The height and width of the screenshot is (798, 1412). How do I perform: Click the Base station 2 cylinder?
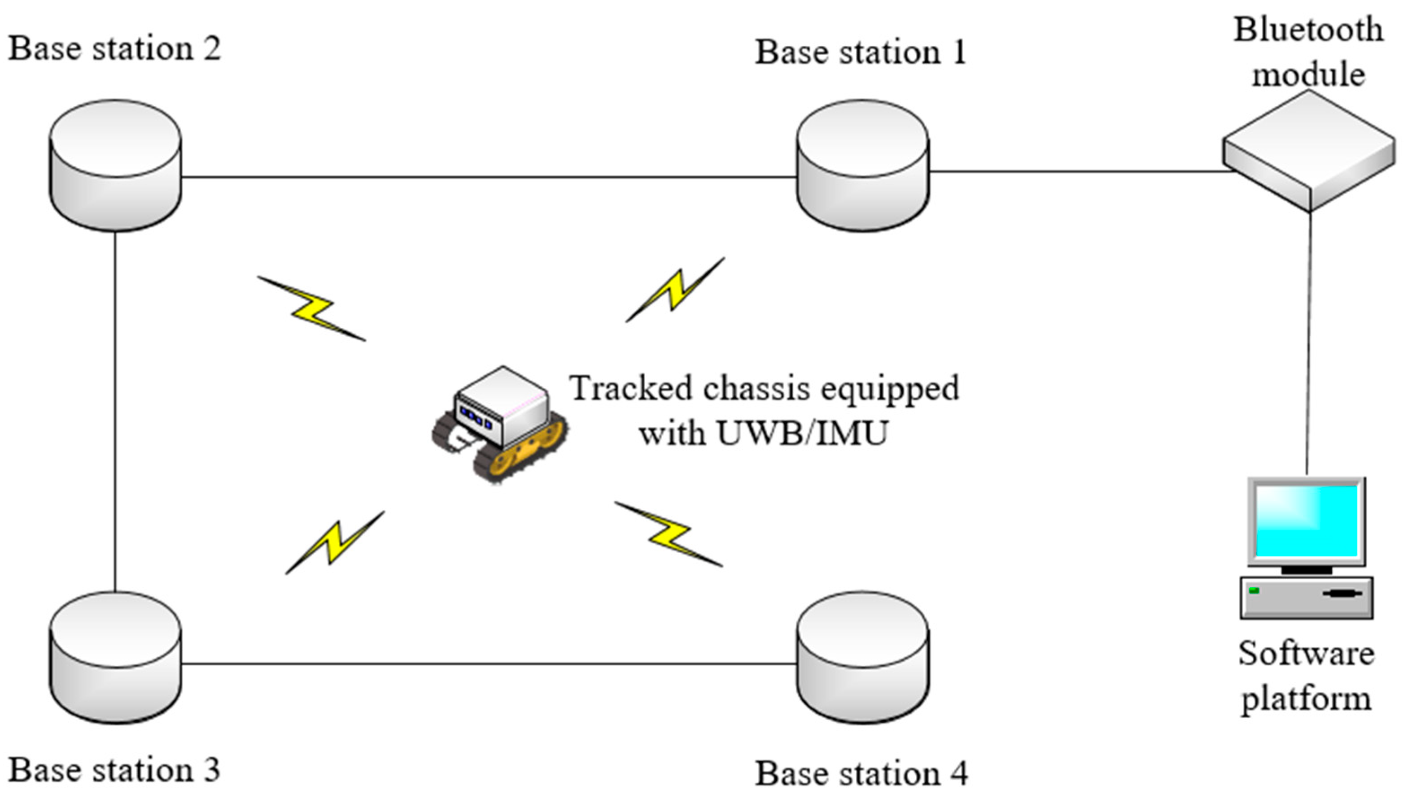[x=115, y=165]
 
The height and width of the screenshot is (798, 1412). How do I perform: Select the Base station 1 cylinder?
[x=862, y=165]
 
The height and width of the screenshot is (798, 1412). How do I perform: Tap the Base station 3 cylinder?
[x=115, y=658]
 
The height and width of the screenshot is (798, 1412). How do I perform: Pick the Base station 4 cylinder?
[x=862, y=658]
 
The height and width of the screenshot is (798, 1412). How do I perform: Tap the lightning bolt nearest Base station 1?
[x=675, y=290]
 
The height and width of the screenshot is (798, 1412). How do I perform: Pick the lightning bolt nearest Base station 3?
[x=335, y=542]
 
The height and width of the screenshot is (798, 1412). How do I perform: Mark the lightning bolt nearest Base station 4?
[x=669, y=534]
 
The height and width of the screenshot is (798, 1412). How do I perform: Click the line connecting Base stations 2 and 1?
[x=488, y=177]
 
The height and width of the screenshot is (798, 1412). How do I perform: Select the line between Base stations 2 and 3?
[x=115, y=411]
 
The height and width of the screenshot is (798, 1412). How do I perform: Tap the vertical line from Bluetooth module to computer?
[x=1309, y=340]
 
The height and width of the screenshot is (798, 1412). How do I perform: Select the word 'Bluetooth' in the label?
[x=1308, y=30]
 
